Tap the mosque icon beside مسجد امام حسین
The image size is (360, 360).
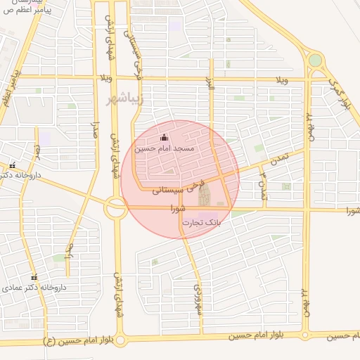click(164, 137)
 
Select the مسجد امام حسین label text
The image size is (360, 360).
click(169, 149)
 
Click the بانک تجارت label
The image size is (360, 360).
click(201, 222)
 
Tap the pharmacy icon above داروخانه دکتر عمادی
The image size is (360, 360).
click(33, 277)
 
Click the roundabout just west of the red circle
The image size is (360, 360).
click(115, 208)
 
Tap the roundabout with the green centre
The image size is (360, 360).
click(315, 61)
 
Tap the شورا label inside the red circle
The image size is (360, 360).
click(177, 208)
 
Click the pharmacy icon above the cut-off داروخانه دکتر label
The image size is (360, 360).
click(12, 166)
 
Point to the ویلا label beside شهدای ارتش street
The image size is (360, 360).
click(106, 77)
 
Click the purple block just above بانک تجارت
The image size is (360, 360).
click(207, 215)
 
